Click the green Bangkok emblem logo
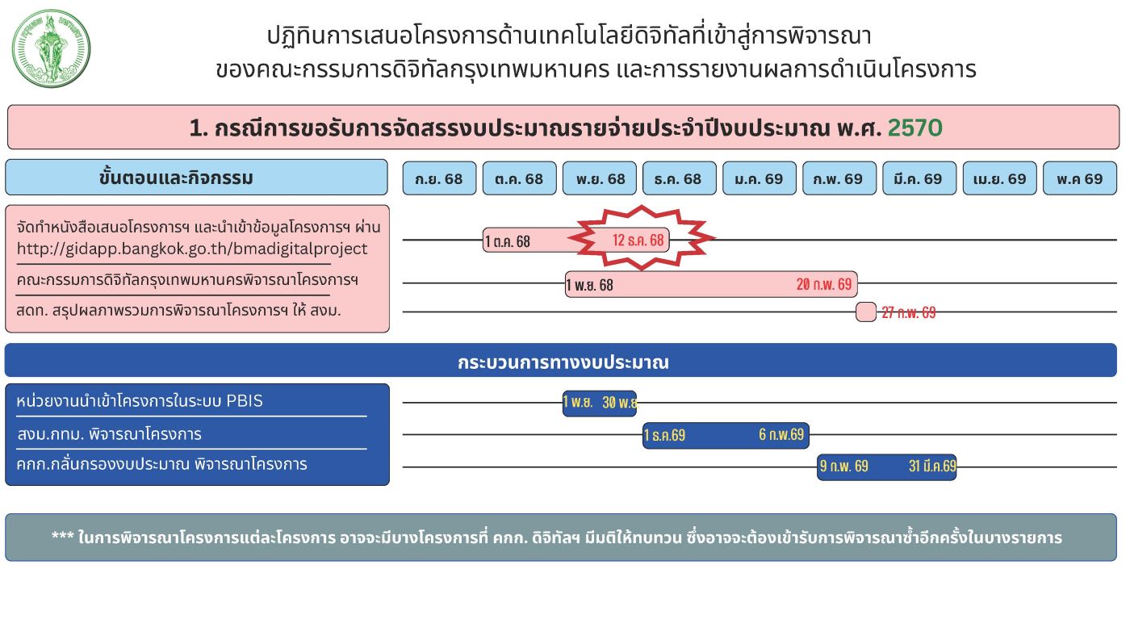tap(51, 48)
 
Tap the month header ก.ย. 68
tap(439, 178)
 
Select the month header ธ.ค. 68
tap(679, 178)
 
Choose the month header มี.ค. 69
tap(919, 178)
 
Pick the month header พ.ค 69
tap(1080, 178)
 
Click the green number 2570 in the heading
tap(914, 128)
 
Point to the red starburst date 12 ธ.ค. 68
tap(638, 240)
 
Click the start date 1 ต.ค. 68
tap(508, 241)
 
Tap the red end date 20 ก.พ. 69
tap(824, 284)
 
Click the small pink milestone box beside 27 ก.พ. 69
tap(865, 312)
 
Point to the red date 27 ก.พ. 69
tap(909, 312)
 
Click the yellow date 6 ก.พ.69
tap(781, 434)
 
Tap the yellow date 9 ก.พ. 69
tap(844, 466)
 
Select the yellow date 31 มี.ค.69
tap(932, 466)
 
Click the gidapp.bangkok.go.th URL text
tap(192, 249)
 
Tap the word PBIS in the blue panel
tap(244, 401)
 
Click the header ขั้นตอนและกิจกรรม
tap(176, 178)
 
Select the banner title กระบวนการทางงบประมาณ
tap(563, 362)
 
